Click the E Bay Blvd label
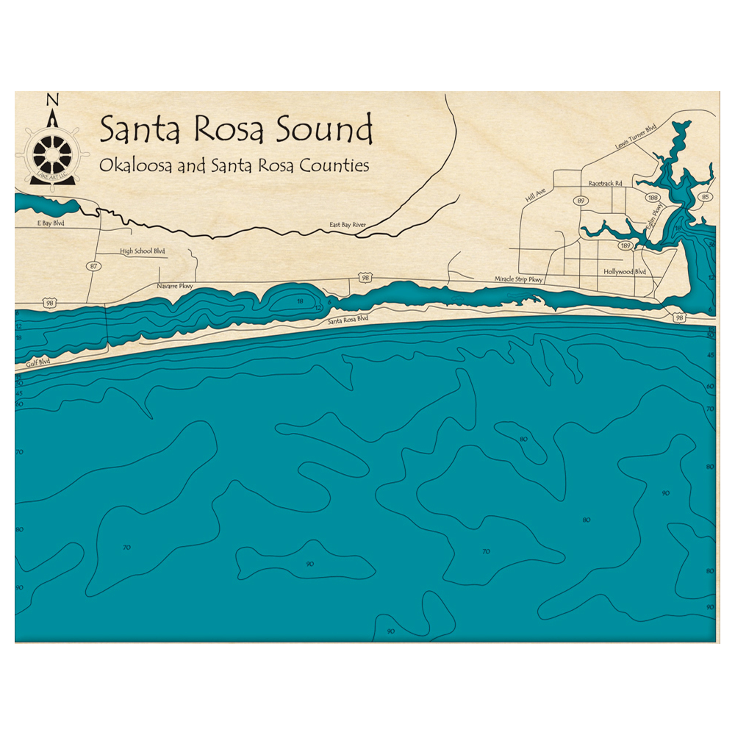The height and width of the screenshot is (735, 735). point(46,223)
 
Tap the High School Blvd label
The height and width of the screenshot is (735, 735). point(143,251)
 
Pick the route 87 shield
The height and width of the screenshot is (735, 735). point(93,266)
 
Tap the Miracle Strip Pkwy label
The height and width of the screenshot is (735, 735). point(518,279)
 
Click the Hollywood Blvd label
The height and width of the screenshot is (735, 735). point(624,271)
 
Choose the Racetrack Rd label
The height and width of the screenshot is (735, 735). point(605,183)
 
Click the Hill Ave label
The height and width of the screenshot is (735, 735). point(536,195)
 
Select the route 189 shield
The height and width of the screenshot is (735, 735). point(625,245)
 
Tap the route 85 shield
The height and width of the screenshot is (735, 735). point(706,197)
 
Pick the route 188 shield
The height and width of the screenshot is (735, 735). point(653,198)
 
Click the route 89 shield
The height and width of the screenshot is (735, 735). point(581,201)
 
